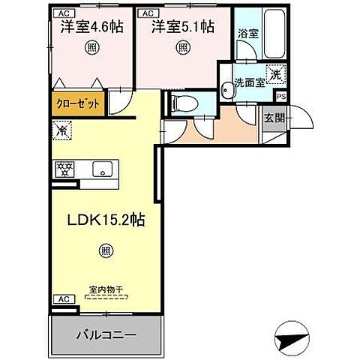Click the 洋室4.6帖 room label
click(x=92, y=27)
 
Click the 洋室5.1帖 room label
click(x=183, y=27)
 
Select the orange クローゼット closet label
click(x=78, y=104)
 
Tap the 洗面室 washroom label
click(x=249, y=82)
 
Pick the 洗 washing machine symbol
click(x=276, y=74)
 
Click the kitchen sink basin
click(x=100, y=169)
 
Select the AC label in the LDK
click(x=63, y=299)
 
